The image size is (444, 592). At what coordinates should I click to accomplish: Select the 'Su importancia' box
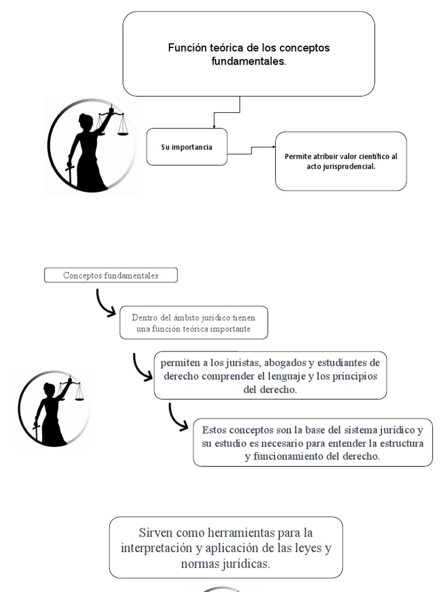(x=187, y=147)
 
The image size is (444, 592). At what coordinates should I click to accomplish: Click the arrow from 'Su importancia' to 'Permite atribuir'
(x=251, y=150)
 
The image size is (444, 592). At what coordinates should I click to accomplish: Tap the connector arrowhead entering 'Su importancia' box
(x=214, y=125)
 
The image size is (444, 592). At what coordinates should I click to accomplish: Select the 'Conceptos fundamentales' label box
(x=110, y=276)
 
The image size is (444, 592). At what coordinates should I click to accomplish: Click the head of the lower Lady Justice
(x=49, y=389)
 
